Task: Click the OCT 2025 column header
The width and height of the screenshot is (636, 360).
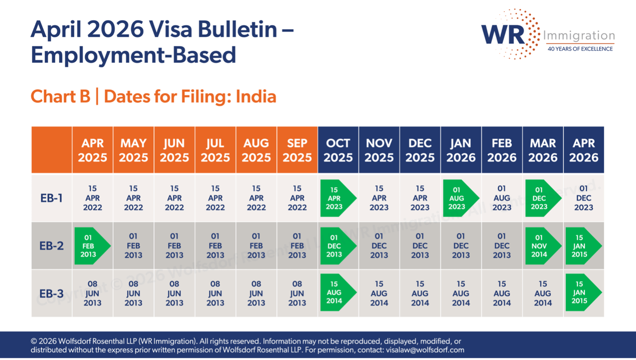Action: (x=338, y=150)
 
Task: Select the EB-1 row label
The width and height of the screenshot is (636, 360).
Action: (x=52, y=198)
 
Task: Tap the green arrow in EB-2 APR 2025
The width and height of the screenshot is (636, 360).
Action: (x=92, y=246)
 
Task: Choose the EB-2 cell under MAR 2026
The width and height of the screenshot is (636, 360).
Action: (x=542, y=246)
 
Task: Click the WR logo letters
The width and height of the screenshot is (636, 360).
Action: (x=503, y=34)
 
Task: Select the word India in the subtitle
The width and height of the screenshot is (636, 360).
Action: (x=256, y=97)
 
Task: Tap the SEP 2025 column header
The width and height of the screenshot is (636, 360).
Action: (x=297, y=150)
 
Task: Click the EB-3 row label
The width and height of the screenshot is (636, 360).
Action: (x=52, y=294)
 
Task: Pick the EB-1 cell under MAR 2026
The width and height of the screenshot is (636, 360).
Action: (x=542, y=198)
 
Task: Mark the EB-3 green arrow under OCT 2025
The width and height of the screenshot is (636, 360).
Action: (x=337, y=292)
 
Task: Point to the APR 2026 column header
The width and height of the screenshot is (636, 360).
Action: (x=584, y=150)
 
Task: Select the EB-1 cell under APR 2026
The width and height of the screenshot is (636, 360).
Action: (x=584, y=198)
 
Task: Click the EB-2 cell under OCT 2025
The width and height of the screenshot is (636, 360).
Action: (x=337, y=246)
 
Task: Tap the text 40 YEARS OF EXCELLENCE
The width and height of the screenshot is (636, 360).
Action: (x=580, y=49)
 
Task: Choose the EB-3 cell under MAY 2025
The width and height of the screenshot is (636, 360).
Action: (x=133, y=293)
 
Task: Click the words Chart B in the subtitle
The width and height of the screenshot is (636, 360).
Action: (x=60, y=97)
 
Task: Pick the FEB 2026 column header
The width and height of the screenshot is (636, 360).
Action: (x=502, y=150)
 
